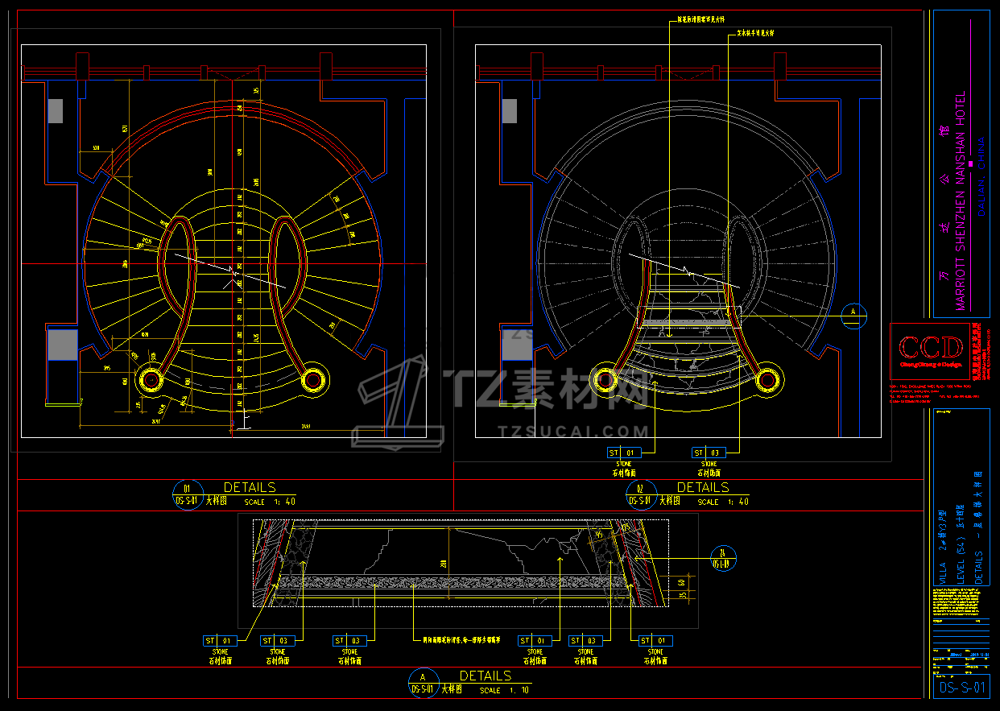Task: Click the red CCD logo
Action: coord(931,348)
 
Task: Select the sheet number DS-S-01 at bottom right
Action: coord(961,688)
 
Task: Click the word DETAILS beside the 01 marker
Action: coord(250,487)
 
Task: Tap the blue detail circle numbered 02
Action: coord(641,494)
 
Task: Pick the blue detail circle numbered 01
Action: coord(188,494)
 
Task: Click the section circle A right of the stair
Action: coord(853,314)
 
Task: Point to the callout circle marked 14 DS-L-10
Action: coord(724,557)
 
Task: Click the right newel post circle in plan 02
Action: coord(768,377)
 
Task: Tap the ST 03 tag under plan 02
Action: coord(709,453)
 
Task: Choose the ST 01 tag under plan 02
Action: coord(625,453)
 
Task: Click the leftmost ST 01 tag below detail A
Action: coord(220,641)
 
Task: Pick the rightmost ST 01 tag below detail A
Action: coord(655,641)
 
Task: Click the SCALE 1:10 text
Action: coord(506,690)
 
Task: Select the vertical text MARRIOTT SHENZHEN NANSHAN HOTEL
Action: coord(960,201)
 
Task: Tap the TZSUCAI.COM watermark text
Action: coord(573,432)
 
